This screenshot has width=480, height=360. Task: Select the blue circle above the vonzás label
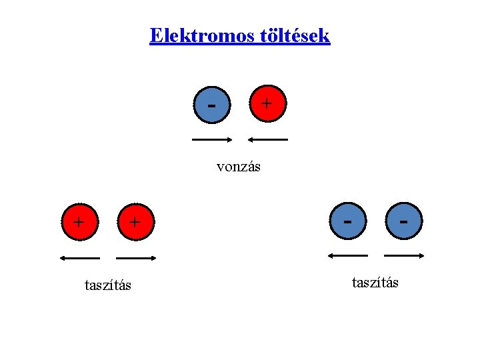(212, 105)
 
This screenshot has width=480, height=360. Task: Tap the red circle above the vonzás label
(267, 103)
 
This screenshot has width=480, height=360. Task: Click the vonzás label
(239, 167)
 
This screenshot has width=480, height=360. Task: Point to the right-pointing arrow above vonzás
(212, 140)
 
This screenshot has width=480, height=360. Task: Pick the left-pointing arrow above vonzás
(268, 140)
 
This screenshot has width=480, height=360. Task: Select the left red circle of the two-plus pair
(79, 221)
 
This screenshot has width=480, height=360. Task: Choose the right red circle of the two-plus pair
(135, 221)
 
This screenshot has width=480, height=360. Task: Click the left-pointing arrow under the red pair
(79, 258)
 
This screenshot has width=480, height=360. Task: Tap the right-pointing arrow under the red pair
(136, 258)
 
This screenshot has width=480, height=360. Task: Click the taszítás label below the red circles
(108, 285)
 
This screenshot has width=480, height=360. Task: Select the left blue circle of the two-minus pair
(348, 219)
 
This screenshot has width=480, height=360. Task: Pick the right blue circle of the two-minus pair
(403, 219)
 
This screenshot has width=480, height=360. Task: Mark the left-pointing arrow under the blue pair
(347, 255)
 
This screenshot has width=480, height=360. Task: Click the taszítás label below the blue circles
(375, 283)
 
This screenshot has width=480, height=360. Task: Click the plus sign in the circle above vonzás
(267, 103)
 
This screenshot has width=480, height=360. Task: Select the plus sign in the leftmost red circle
(79, 221)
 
